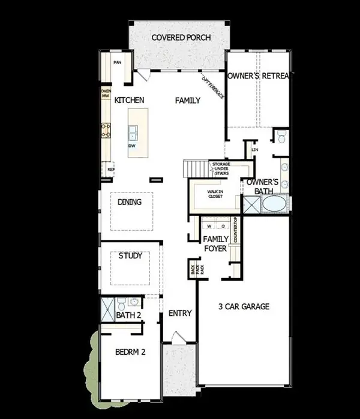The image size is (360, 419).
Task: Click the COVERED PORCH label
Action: click(x=181, y=37)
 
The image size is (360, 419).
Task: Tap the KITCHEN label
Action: click(x=130, y=100)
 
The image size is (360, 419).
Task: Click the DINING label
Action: click(x=130, y=202)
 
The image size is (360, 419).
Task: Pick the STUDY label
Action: click(x=130, y=256)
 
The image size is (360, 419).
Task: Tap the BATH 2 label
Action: click(x=128, y=315)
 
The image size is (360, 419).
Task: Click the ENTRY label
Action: click(x=179, y=313)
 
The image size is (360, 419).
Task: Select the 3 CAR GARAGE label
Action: click(x=243, y=306)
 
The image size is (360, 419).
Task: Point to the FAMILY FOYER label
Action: click(x=214, y=243)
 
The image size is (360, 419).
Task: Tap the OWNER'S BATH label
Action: click(x=263, y=186)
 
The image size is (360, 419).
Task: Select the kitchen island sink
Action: click(x=133, y=131)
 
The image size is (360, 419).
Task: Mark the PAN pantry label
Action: click(x=118, y=62)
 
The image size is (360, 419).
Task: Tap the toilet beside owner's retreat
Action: click(x=280, y=138)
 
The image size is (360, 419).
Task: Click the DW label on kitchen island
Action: click(x=131, y=146)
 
